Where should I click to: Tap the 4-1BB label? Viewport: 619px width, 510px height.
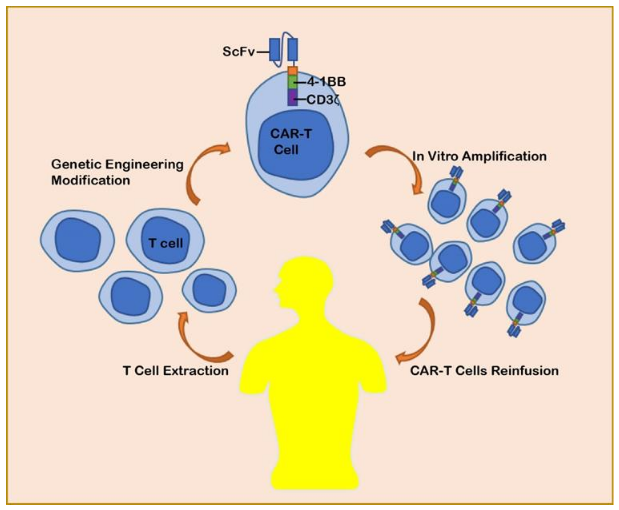(x=326, y=82)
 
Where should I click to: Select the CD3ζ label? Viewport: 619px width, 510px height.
(x=323, y=100)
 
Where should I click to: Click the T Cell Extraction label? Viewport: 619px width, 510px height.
(x=175, y=370)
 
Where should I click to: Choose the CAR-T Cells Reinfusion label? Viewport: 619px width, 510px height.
(x=484, y=370)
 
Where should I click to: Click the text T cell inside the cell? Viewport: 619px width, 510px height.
(x=166, y=243)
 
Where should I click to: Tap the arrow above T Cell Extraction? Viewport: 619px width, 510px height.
(x=200, y=341)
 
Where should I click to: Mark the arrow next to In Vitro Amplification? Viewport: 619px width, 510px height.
(x=400, y=165)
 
